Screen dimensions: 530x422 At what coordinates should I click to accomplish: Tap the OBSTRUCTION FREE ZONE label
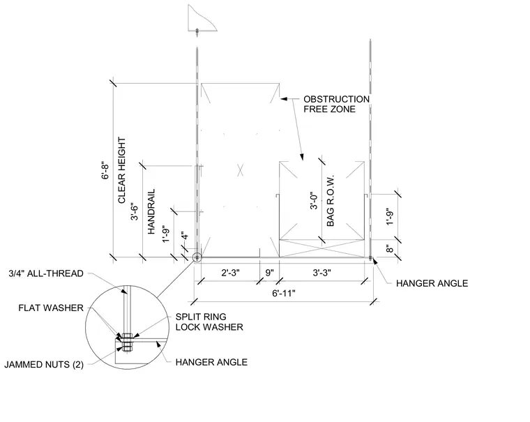(336, 104)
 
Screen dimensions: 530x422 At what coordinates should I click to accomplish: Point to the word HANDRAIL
(151, 211)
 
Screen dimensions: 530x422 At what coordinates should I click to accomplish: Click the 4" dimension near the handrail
(184, 236)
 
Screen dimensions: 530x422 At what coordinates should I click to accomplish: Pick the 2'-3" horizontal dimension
(231, 273)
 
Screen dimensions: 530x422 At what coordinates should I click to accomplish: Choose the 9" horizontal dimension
(269, 273)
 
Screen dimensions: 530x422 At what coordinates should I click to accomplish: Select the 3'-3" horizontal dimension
(321, 273)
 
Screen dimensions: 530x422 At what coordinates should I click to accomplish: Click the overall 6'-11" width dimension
(284, 293)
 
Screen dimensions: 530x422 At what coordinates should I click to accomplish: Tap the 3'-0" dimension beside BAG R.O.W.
(314, 200)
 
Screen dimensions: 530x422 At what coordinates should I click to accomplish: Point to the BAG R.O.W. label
(331, 200)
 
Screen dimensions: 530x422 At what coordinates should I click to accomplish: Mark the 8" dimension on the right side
(390, 248)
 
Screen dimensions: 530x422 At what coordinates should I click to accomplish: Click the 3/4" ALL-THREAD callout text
(46, 273)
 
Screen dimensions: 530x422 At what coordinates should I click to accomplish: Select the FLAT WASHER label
(51, 308)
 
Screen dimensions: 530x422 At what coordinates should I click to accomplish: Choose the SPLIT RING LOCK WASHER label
(209, 322)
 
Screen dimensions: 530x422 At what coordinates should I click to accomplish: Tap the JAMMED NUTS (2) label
(44, 365)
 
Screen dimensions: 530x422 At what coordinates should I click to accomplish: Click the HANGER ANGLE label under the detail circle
(211, 362)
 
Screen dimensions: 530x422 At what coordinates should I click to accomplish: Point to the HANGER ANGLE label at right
(432, 283)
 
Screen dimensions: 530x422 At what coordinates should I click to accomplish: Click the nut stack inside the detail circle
(127, 342)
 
